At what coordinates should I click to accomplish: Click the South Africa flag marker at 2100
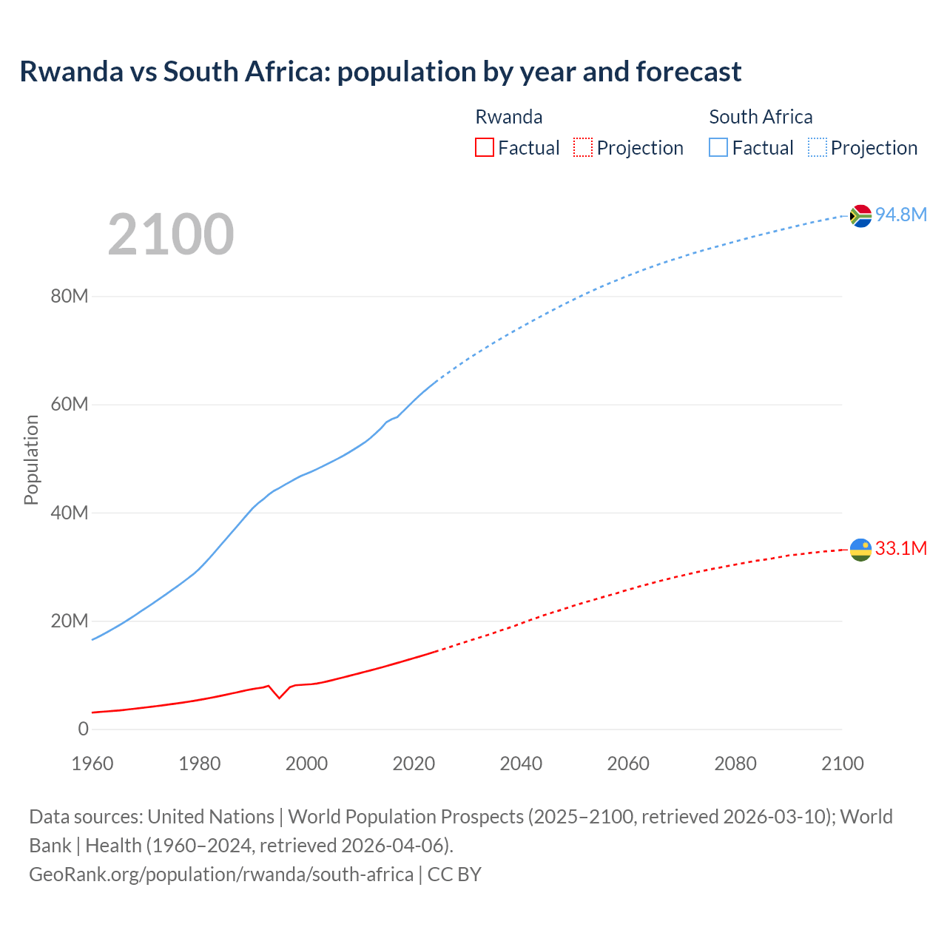point(860,215)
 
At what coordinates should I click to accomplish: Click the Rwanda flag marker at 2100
point(860,550)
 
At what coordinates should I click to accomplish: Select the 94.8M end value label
point(900,215)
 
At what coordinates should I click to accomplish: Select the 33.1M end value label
point(900,548)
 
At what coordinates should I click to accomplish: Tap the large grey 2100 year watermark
point(171,235)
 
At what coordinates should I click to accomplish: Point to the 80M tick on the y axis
point(70,297)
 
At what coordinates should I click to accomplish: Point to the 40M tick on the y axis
point(70,513)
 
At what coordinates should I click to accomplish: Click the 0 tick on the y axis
point(83,729)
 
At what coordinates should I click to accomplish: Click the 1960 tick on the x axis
point(92,764)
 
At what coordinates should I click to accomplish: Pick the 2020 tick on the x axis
point(414,764)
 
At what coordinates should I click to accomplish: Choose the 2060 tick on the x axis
point(628,764)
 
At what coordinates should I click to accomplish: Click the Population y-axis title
point(31,459)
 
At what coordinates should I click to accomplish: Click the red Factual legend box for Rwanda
point(485,147)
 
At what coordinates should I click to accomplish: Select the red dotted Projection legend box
point(583,147)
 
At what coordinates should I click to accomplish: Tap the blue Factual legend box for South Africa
point(718,147)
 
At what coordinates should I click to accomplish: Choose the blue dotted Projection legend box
point(818,147)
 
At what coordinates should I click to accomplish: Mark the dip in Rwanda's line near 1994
point(279,697)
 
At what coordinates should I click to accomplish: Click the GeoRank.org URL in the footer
point(221,874)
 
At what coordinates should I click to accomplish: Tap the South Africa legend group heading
point(761,117)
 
